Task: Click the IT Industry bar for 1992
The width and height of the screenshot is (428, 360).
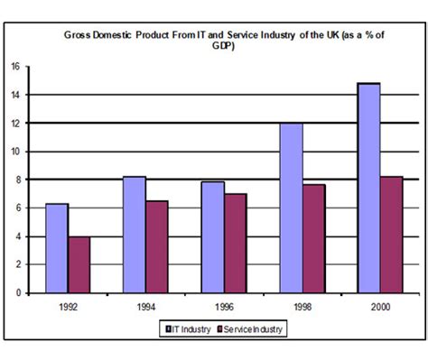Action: click(57, 248)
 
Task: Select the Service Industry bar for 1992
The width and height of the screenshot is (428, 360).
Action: click(80, 264)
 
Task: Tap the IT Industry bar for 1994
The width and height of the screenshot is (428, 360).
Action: click(134, 235)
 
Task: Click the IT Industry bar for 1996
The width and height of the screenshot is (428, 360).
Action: click(212, 237)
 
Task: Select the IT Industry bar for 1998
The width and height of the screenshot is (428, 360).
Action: click(290, 208)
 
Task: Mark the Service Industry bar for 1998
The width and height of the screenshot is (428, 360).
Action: click(313, 239)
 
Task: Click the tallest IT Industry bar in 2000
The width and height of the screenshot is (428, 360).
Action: click(368, 188)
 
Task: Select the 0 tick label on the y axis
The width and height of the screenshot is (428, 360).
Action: click(16, 293)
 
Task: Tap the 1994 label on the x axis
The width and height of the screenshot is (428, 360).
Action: click(146, 307)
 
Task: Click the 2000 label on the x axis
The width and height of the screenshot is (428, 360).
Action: click(379, 307)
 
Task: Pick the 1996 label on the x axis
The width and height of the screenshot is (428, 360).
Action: click(224, 307)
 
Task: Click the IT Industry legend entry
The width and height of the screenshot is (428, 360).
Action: click(187, 330)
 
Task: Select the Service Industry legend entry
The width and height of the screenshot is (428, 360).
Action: click(244, 330)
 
